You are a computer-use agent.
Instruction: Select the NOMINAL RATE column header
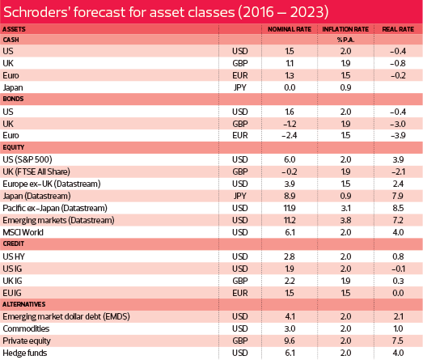[x=290, y=29]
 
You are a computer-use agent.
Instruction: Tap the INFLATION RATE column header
[x=345, y=29]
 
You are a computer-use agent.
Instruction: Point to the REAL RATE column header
[x=398, y=29]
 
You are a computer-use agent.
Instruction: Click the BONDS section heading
[x=13, y=99]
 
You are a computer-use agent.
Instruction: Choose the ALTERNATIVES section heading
[x=24, y=304]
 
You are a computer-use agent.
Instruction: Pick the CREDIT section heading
[x=14, y=244]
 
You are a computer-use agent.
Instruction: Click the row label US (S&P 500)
[x=27, y=159]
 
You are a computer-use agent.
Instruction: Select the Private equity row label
[x=27, y=341]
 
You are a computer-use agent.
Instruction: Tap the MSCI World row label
[x=23, y=232]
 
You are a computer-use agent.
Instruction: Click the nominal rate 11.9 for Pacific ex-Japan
[x=290, y=208]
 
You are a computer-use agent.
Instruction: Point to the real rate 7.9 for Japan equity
[x=398, y=196]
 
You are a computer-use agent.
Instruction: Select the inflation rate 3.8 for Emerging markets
[x=345, y=220]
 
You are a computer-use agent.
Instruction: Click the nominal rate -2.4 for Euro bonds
[x=290, y=135]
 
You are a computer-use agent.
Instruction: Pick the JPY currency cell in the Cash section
[x=240, y=87]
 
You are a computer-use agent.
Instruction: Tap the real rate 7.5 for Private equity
[x=398, y=341]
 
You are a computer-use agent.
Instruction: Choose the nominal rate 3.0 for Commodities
[x=290, y=328]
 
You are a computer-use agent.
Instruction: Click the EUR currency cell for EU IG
[x=240, y=293]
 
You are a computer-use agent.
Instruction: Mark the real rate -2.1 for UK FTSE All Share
[x=398, y=172]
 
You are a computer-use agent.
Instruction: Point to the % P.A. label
[x=345, y=40]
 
